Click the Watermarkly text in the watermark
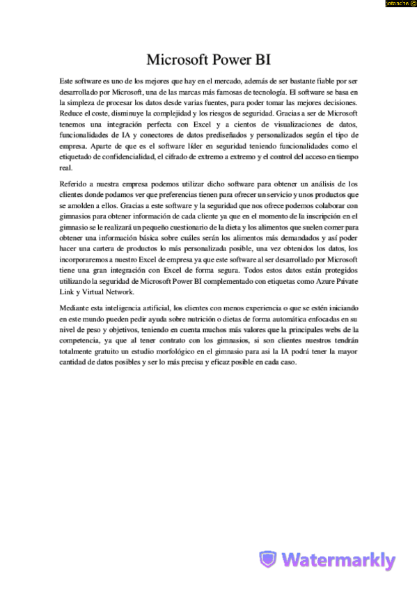pos(339,560)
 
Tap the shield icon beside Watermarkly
pos(268,559)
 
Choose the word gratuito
pos(108,353)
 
